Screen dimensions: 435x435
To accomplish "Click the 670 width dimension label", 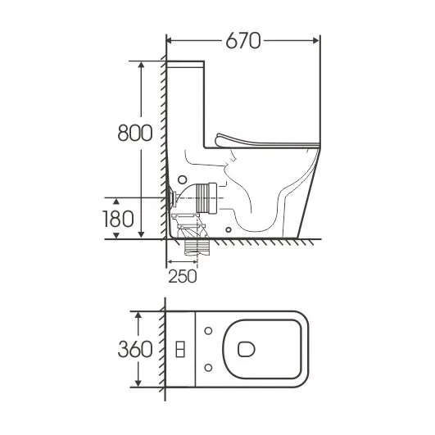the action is click(x=243, y=41).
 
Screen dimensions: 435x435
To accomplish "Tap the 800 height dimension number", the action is click(x=135, y=133).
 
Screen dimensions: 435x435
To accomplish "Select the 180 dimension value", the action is click(x=118, y=219).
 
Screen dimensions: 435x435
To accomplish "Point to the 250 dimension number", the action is click(x=183, y=276).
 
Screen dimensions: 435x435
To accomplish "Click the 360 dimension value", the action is click(x=135, y=349).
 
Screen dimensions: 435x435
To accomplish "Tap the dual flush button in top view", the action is click(x=180, y=349).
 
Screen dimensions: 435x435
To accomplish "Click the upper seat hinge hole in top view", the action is click(x=208, y=331).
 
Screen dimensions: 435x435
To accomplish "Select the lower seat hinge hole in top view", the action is click(x=208, y=368).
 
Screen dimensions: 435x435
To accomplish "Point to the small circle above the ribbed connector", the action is click(x=182, y=179).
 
